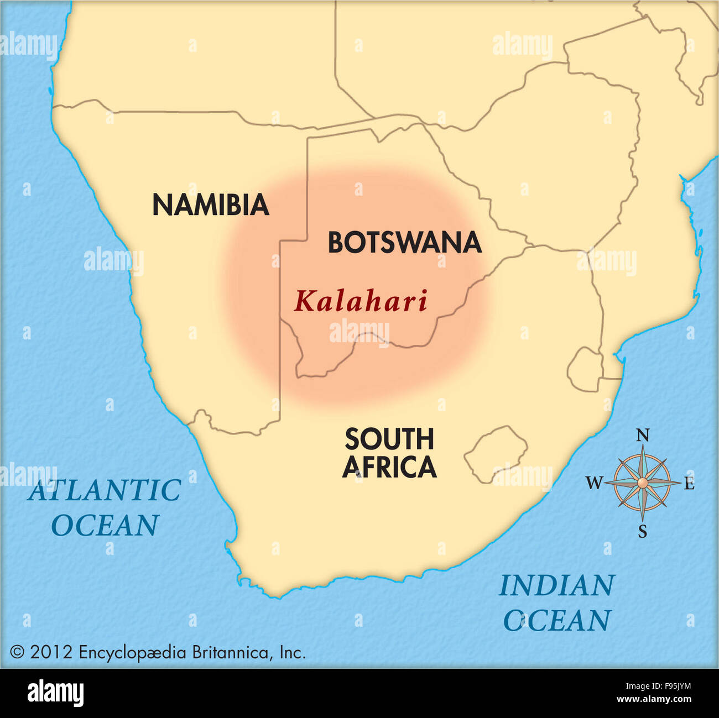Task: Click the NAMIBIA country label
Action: (210, 205)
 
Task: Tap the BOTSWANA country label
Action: (404, 243)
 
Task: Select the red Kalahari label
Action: (361, 302)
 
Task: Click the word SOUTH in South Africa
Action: (389, 439)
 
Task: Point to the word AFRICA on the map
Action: (389, 468)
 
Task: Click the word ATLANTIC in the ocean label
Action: (105, 490)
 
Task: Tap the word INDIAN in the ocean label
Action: (556, 586)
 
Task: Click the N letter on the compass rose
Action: (642, 436)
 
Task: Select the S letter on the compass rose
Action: (642, 532)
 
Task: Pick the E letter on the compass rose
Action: (689, 484)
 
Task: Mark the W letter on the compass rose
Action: (593, 484)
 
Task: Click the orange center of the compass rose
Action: (642, 483)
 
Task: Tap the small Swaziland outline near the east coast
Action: (585, 369)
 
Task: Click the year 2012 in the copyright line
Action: (51, 652)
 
